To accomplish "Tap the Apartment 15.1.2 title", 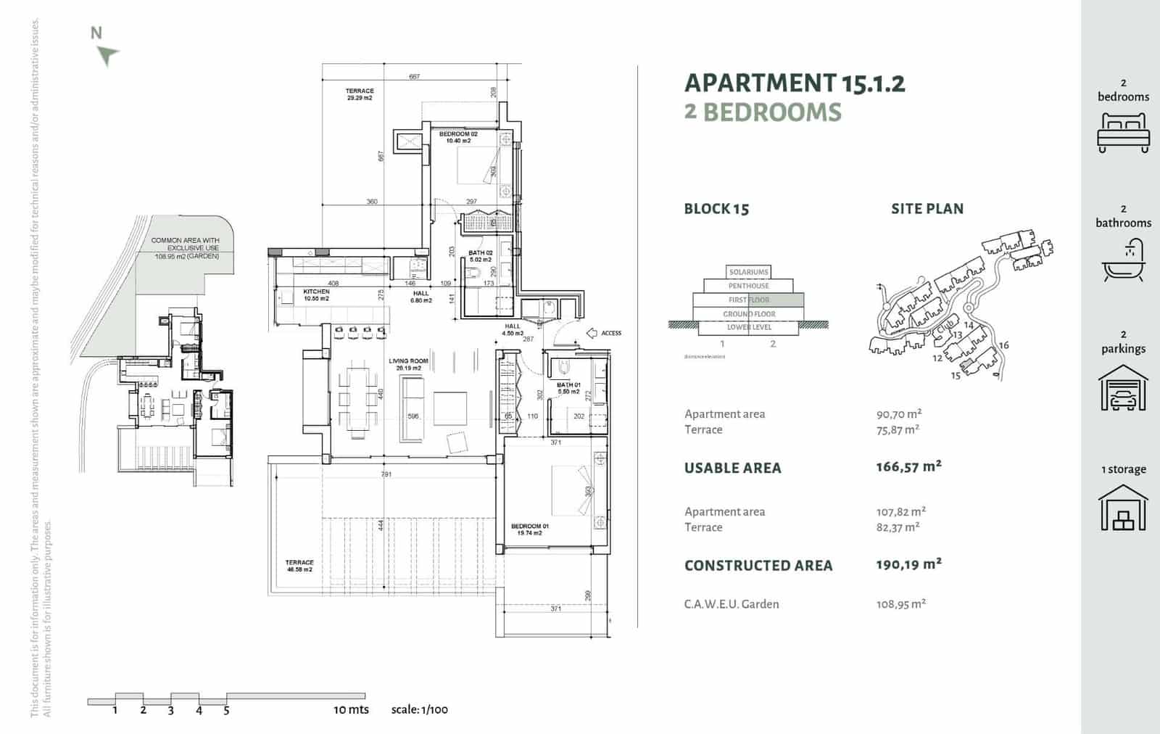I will click(x=795, y=83).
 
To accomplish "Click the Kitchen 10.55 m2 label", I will click(x=316, y=294).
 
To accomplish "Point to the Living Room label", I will click(x=408, y=364).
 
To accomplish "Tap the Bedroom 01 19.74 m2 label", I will click(x=530, y=529).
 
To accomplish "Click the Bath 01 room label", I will click(x=568, y=388).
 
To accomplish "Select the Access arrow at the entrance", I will click(x=592, y=333).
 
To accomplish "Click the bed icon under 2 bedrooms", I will click(x=1123, y=133).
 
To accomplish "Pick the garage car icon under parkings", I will click(x=1123, y=388).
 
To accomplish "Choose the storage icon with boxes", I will click(x=1123, y=508).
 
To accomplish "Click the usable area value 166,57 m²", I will click(x=908, y=467).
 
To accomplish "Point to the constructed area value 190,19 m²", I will click(x=908, y=564).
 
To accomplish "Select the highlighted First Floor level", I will click(x=749, y=300).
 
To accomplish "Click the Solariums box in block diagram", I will click(x=748, y=272).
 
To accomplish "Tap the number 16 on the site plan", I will click(x=1003, y=345).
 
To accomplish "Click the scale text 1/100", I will click(x=419, y=709).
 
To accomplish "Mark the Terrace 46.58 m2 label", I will click(x=299, y=566).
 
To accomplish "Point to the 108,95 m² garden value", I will click(x=900, y=603).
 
